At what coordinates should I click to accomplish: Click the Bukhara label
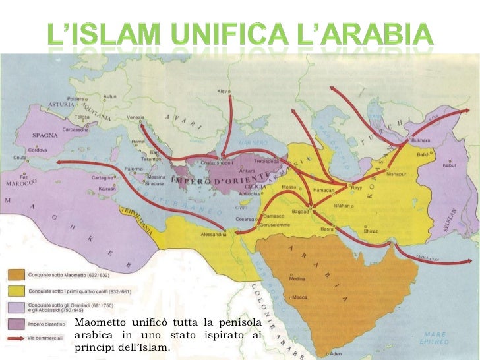point(420,140)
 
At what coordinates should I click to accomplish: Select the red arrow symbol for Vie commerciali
point(16,339)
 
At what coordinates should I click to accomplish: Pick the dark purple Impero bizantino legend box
point(16,323)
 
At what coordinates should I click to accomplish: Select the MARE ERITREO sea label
point(435,338)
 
